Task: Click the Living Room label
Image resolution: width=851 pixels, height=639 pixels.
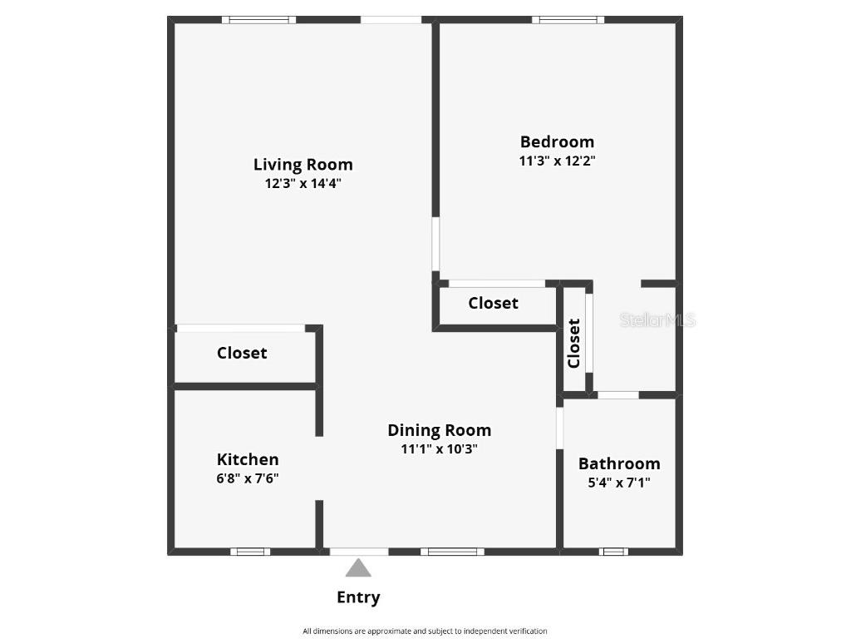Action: [303, 165]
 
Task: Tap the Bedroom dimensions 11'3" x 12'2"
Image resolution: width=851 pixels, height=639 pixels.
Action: [557, 161]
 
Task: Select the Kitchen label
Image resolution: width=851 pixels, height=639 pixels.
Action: [248, 459]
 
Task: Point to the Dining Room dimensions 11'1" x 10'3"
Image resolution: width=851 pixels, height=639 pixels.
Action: [439, 449]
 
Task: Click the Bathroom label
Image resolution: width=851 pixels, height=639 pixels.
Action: [619, 463]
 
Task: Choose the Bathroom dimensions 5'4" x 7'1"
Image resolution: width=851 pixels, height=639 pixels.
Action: [619, 482]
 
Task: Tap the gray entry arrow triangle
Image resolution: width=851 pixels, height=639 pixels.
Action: [358, 568]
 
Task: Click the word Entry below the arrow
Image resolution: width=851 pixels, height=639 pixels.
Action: [358, 597]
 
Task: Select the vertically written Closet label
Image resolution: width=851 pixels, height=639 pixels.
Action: [573, 344]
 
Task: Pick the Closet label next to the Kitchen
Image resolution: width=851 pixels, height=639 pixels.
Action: [242, 353]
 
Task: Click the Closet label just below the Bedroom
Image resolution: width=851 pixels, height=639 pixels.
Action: [493, 303]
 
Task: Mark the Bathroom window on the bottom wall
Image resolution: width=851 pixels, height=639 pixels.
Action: [614, 551]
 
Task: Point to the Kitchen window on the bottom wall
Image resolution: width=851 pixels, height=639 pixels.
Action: [250, 551]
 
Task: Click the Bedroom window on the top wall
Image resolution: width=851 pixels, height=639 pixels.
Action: [568, 20]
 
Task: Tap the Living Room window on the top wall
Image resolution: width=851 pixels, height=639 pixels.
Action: [259, 20]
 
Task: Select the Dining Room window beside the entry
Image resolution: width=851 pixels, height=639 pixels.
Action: [452, 551]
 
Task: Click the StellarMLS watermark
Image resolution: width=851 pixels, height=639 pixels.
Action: [657, 320]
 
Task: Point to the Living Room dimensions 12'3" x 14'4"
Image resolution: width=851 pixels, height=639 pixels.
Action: [303, 184]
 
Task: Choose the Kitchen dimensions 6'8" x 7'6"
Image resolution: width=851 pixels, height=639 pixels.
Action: [248, 478]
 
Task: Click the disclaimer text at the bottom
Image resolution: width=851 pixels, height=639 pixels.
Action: [425, 631]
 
